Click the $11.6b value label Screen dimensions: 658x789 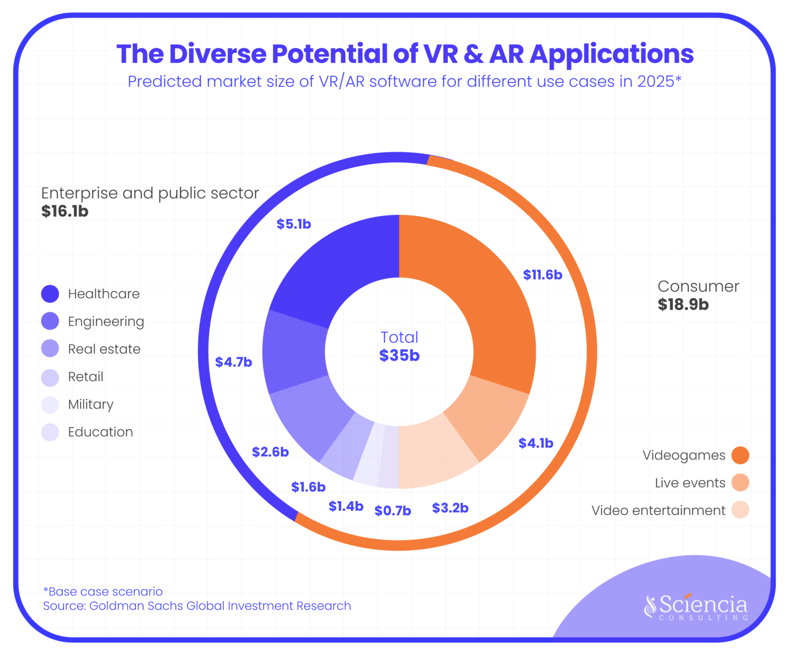click(542, 275)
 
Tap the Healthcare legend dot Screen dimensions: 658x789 click(50, 294)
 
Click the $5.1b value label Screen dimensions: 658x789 click(294, 224)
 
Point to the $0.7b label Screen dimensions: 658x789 click(392, 510)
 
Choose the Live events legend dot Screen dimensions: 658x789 click(740, 483)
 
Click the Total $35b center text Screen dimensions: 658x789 click(399, 346)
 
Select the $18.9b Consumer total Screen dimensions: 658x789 click(683, 305)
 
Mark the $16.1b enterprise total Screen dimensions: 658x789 click(65, 211)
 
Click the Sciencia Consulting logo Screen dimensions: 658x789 click(697, 607)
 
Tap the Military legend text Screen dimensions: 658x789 click(90, 405)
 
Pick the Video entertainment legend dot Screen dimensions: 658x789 click(740, 510)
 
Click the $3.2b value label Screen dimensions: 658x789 click(450, 508)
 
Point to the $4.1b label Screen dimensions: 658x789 click(536, 443)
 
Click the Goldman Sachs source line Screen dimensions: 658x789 click(197, 606)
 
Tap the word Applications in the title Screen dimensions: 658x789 click(611, 54)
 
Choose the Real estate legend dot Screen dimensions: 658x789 click(50, 349)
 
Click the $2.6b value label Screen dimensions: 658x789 click(270, 452)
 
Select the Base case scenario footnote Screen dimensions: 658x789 click(103, 592)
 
